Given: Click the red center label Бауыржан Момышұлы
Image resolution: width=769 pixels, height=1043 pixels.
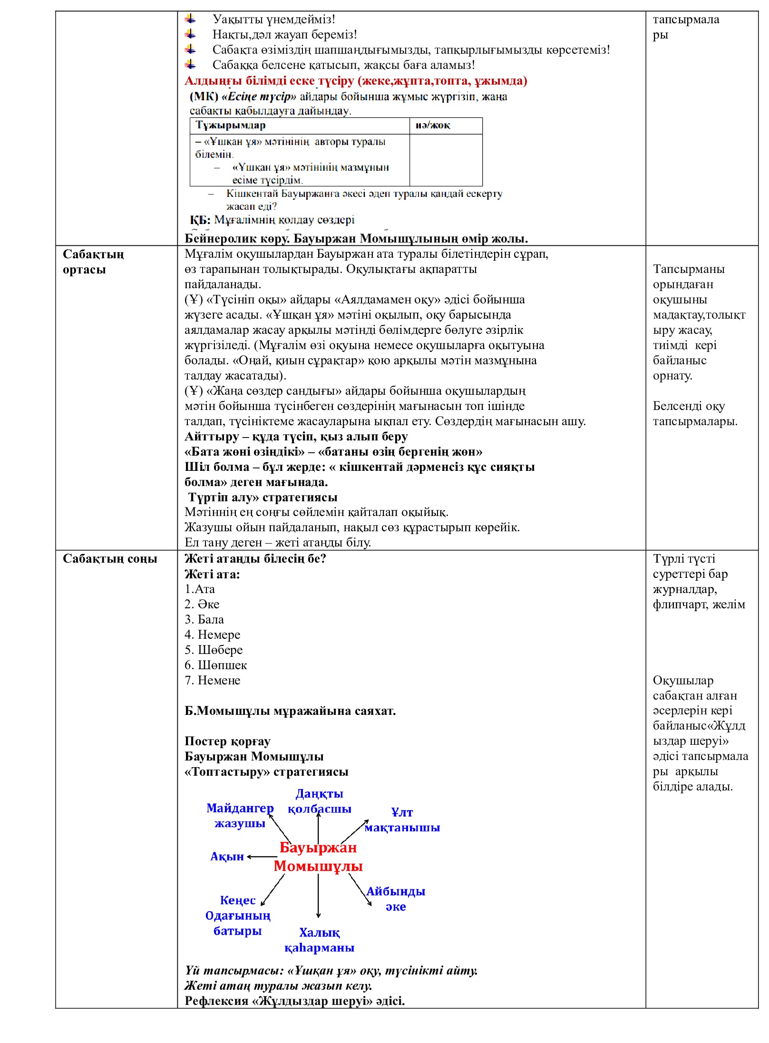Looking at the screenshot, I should click(x=318, y=857).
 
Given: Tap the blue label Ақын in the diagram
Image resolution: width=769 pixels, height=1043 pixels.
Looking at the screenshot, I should click(x=227, y=857).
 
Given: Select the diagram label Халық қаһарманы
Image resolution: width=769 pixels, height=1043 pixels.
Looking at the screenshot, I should click(x=319, y=940).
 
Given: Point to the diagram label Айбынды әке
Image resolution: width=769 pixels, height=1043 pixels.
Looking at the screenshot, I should click(x=395, y=898).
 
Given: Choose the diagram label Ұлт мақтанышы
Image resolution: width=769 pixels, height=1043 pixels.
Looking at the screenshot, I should click(x=402, y=819).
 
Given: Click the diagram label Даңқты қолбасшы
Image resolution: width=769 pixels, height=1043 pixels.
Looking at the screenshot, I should click(x=319, y=801).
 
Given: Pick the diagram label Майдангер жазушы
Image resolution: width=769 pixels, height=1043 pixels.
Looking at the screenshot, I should click(x=240, y=815).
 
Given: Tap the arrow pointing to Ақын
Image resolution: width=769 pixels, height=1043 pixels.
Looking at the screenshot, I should click(x=262, y=857).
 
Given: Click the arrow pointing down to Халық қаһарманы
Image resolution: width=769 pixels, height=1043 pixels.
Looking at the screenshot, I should click(x=318, y=896).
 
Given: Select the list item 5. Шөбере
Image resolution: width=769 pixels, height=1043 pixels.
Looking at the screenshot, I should click(x=214, y=650).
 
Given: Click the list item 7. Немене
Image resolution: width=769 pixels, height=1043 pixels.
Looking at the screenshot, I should click(x=212, y=680).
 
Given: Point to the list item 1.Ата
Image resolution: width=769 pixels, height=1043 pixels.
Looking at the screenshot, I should click(x=200, y=589).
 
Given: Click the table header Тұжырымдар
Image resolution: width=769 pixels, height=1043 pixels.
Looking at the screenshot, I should click(x=231, y=125).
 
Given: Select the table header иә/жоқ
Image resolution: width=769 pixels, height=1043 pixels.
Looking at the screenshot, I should click(x=433, y=125).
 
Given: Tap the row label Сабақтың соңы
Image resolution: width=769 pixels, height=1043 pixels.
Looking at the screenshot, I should click(x=110, y=558).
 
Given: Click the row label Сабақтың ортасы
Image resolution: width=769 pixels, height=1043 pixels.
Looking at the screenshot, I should click(x=93, y=262).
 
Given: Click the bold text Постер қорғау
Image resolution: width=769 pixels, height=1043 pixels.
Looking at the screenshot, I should click(x=227, y=741).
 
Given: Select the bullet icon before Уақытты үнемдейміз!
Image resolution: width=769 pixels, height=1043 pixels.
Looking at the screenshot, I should click(x=190, y=19).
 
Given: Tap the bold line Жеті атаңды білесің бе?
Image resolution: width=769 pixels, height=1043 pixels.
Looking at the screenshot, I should click(x=255, y=558).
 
